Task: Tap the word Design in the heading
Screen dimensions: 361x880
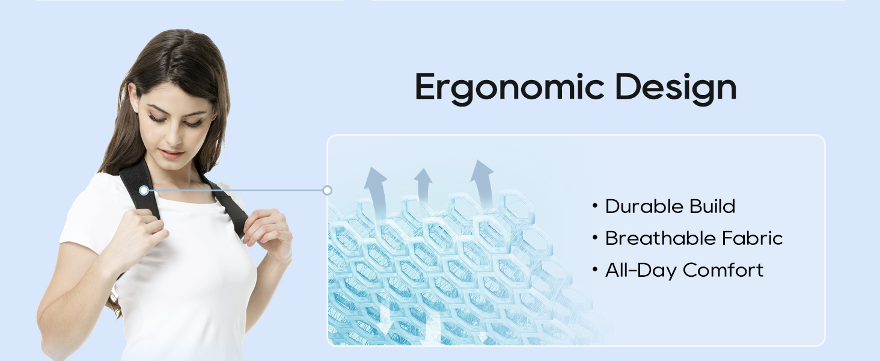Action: [x=676, y=88]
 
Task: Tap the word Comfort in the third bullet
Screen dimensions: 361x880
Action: [x=723, y=270]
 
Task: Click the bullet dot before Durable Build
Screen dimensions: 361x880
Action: [x=595, y=206]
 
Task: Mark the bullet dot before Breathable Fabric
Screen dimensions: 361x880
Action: [x=595, y=238]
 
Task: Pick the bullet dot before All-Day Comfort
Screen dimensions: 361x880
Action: [x=595, y=270]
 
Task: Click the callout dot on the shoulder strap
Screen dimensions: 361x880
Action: [x=144, y=190]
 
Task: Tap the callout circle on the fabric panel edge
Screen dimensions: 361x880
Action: [x=327, y=190]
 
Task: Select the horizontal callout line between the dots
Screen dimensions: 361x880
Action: [x=234, y=190]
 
